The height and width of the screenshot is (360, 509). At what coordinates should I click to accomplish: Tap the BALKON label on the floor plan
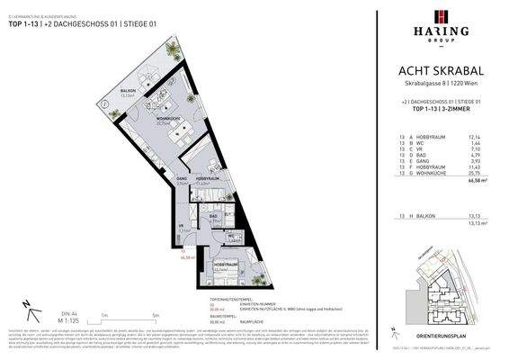[x=129, y=91]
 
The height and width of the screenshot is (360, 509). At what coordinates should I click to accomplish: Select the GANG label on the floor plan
[x=182, y=180]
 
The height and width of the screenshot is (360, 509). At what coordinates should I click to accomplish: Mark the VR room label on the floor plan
[x=181, y=227]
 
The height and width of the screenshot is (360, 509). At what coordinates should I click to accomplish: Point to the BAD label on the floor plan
[x=214, y=217]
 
